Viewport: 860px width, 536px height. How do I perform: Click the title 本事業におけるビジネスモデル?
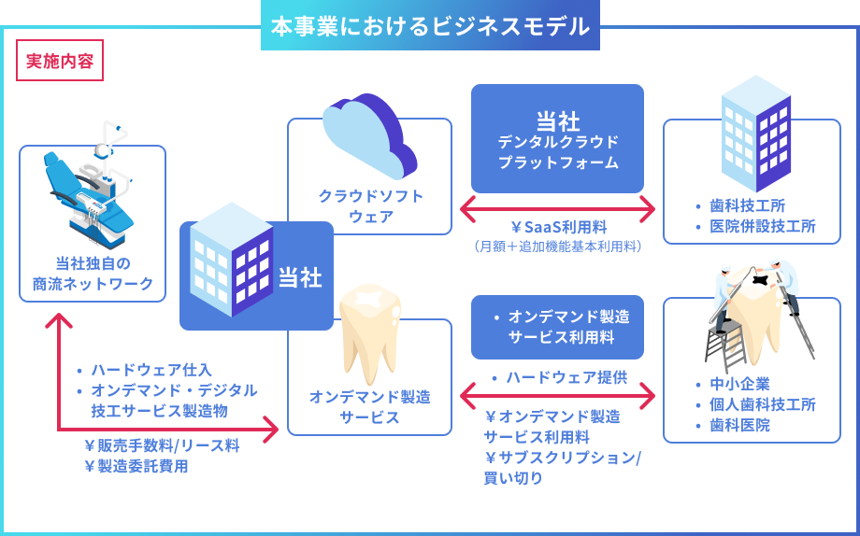tap(430, 26)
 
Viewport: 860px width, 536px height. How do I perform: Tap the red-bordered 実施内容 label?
tap(60, 61)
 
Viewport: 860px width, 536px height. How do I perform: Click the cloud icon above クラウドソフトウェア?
tap(369, 136)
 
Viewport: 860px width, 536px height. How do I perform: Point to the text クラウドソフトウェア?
tap(371, 206)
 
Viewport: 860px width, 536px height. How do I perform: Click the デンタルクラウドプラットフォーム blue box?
tap(557, 138)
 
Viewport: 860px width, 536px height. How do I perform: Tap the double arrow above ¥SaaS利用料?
tap(557, 209)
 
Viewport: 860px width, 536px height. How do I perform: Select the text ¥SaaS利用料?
tap(559, 227)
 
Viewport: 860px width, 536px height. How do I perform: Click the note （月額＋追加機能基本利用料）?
tap(557, 247)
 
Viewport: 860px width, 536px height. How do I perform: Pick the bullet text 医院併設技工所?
tap(763, 226)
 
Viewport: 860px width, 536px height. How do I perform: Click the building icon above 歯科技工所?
tap(756, 134)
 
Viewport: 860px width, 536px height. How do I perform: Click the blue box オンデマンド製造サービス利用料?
tap(557, 327)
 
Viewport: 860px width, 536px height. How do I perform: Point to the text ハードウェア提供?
tap(566, 377)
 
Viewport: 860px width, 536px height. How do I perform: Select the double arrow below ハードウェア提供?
tap(557, 395)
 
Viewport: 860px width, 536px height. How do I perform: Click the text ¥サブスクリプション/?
tap(563, 458)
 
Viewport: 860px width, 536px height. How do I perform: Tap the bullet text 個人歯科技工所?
tap(763, 404)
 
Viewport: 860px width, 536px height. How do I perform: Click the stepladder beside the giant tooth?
tap(724, 343)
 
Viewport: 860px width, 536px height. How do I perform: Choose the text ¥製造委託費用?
tap(136, 466)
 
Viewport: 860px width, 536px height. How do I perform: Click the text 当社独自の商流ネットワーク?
tap(93, 274)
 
